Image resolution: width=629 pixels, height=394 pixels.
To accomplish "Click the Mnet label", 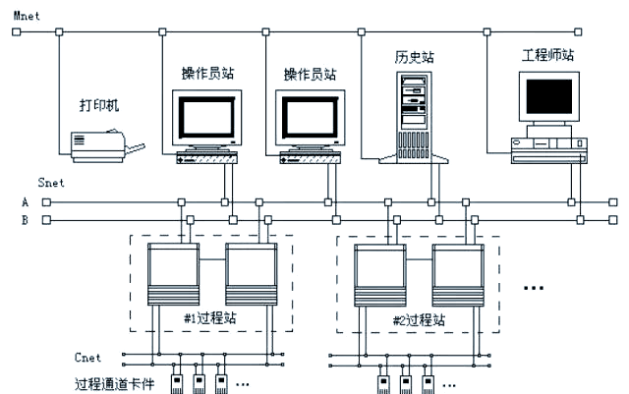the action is tap(27, 16).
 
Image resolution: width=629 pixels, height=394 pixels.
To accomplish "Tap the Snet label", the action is tap(51, 183).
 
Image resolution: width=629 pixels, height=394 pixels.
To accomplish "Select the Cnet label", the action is tap(87, 358).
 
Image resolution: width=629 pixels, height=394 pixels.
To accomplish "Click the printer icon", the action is tap(107, 145).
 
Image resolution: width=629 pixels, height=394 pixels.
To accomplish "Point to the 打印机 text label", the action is tap(99, 105).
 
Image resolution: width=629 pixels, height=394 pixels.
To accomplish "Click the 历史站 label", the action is tap(415, 57).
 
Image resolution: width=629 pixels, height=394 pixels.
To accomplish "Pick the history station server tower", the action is tap(414, 118).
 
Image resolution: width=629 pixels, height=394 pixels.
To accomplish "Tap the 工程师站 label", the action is tap(548, 55).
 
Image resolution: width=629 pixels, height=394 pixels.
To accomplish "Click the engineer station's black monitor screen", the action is tap(548, 96).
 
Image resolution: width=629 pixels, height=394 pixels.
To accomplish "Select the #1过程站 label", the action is tap(210, 318).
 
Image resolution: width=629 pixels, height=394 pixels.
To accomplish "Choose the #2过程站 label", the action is tap(419, 320).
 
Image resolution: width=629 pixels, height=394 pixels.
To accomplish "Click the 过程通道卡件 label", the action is tap(114, 384).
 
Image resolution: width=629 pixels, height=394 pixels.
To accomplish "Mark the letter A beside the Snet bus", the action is tap(26, 202).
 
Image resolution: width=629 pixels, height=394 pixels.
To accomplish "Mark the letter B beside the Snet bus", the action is tap(25, 220).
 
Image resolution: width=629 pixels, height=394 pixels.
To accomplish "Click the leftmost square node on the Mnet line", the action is tap(16, 31).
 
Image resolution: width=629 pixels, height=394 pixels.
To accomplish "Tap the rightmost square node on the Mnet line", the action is tap(578, 31).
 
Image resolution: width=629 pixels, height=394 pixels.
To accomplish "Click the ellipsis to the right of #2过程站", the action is tap(534, 288).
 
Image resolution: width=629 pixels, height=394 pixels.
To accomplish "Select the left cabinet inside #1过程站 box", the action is tap(173, 274).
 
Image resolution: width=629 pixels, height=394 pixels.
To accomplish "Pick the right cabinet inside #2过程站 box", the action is tap(458, 275).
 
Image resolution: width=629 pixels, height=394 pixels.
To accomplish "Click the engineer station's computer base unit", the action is tap(549, 150).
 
